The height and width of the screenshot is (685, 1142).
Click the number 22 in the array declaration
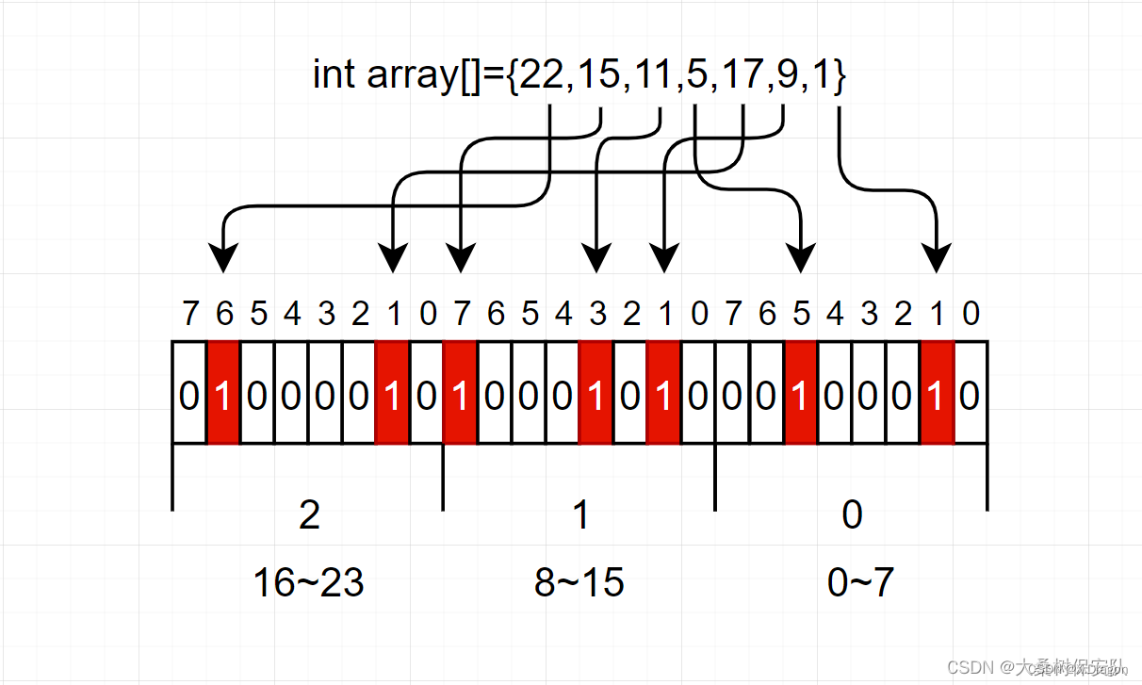pyautogui.click(x=541, y=74)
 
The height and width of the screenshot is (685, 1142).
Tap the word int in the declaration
pyautogui.click(x=333, y=74)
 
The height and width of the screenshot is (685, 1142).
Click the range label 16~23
pyautogui.click(x=308, y=583)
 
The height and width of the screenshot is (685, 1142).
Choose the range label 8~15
pyautogui.click(x=579, y=583)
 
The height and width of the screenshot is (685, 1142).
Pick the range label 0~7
pyautogui.click(x=860, y=583)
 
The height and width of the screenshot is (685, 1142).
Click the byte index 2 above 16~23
pyautogui.click(x=308, y=515)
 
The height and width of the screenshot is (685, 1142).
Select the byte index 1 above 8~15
pyautogui.click(x=580, y=515)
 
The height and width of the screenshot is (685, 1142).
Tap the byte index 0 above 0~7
pyautogui.click(x=852, y=515)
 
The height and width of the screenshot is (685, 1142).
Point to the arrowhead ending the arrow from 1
pyautogui.click(x=937, y=258)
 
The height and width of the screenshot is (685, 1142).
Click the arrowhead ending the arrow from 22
pyautogui.click(x=223, y=258)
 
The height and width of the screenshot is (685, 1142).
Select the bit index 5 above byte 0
pyautogui.click(x=800, y=314)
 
